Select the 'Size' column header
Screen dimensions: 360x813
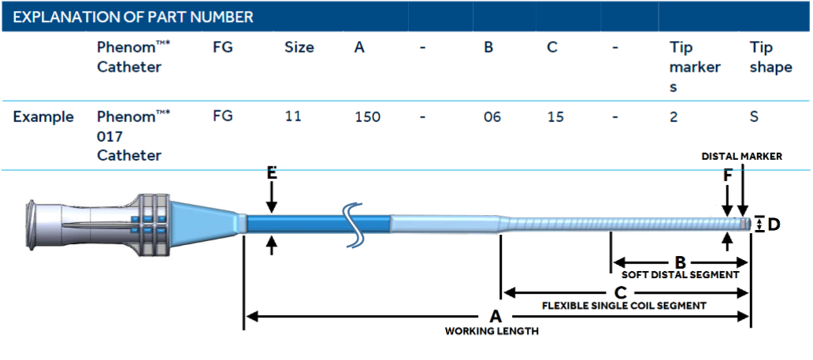[299, 48]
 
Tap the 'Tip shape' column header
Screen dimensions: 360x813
[770, 58]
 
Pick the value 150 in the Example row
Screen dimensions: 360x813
[367, 117]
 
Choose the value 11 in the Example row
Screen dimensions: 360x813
[293, 117]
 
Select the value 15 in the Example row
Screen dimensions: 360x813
[555, 117]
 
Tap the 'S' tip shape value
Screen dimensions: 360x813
[755, 117]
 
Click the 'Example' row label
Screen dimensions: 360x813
[43, 117]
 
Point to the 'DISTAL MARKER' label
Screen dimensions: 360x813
[741, 157]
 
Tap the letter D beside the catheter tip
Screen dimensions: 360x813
[774, 225]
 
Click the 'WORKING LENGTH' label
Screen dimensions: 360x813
[492, 332]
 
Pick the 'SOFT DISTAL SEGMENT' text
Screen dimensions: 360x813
[680, 276]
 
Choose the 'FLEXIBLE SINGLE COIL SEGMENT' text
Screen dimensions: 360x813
[624, 305]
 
